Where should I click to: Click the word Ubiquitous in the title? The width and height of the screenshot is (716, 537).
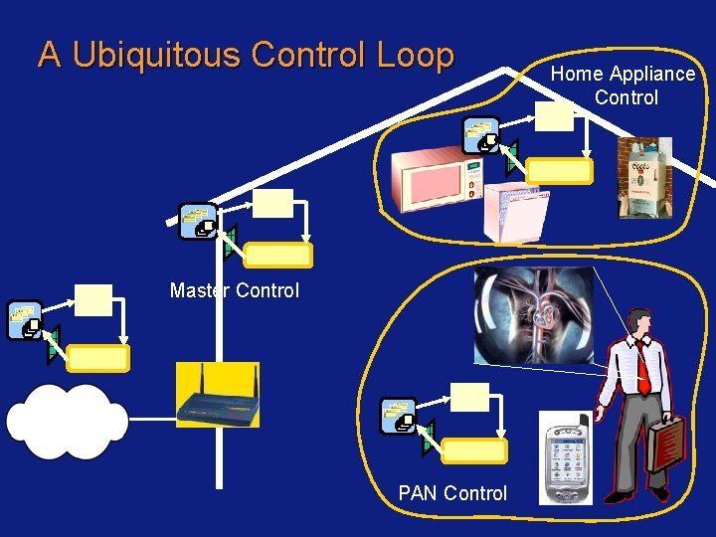pyautogui.click(x=156, y=55)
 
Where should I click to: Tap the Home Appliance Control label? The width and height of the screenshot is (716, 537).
pyautogui.click(x=623, y=86)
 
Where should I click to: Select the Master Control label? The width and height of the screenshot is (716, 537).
pyautogui.click(x=235, y=290)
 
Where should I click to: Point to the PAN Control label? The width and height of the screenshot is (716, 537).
pyautogui.click(x=452, y=493)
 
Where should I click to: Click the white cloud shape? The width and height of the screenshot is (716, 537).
pyautogui.click(x=68, y=421)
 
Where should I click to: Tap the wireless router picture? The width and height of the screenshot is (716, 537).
pyautogui.click(x=218, y=395)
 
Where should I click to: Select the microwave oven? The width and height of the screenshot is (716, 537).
pyautogui.click(x=437, y=179)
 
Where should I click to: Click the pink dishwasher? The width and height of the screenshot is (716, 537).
pyautogui.click(x=517, y=212)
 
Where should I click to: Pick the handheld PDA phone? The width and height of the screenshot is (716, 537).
pyautogui.click(x=566, y=458)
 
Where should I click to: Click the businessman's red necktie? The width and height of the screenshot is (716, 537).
pyautogui.click(x=643, y=368)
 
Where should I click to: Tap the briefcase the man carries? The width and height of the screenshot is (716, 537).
pyautogui.click(x=666, y=443)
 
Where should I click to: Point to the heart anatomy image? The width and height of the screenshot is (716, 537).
pyautogui.click(x=534, y=315)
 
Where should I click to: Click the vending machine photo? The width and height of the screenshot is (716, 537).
pyautogui.click(x=644, y=178)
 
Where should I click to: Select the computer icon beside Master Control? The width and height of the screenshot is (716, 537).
pyautogui.click(x=198, y=221)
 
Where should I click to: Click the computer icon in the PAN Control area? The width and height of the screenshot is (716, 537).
pyautogui.click(x=399, y=416)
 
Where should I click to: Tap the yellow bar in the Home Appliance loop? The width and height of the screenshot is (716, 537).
pyautogui.click(x=559, y=171)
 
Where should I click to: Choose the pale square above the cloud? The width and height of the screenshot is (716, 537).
pyautogui.click(x=93, y=300)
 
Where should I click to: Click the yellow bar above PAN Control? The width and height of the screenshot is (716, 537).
pyautogui.click(x=474, y=450)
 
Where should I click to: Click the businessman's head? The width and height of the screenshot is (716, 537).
pyautogui.click(x=639, y=323)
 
